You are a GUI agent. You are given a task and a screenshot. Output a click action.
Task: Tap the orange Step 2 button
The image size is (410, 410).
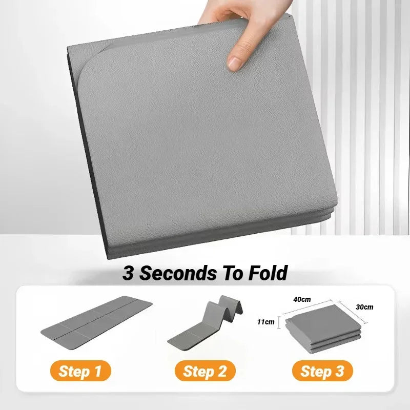[x=205, y=371]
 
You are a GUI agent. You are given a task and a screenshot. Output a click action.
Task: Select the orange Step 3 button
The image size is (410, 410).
[x=322, y=371]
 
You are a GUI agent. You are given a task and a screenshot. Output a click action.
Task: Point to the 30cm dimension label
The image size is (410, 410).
[x=364, y=307]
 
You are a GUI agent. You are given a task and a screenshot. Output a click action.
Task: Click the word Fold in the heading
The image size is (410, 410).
[x=267, y=273]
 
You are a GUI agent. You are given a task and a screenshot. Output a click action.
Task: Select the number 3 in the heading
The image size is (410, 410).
[x=128, y=273]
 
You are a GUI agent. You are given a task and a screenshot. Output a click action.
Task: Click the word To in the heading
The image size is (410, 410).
[x=229, y=273]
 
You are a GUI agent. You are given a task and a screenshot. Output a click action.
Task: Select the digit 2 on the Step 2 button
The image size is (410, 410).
[x=221, y=371]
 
